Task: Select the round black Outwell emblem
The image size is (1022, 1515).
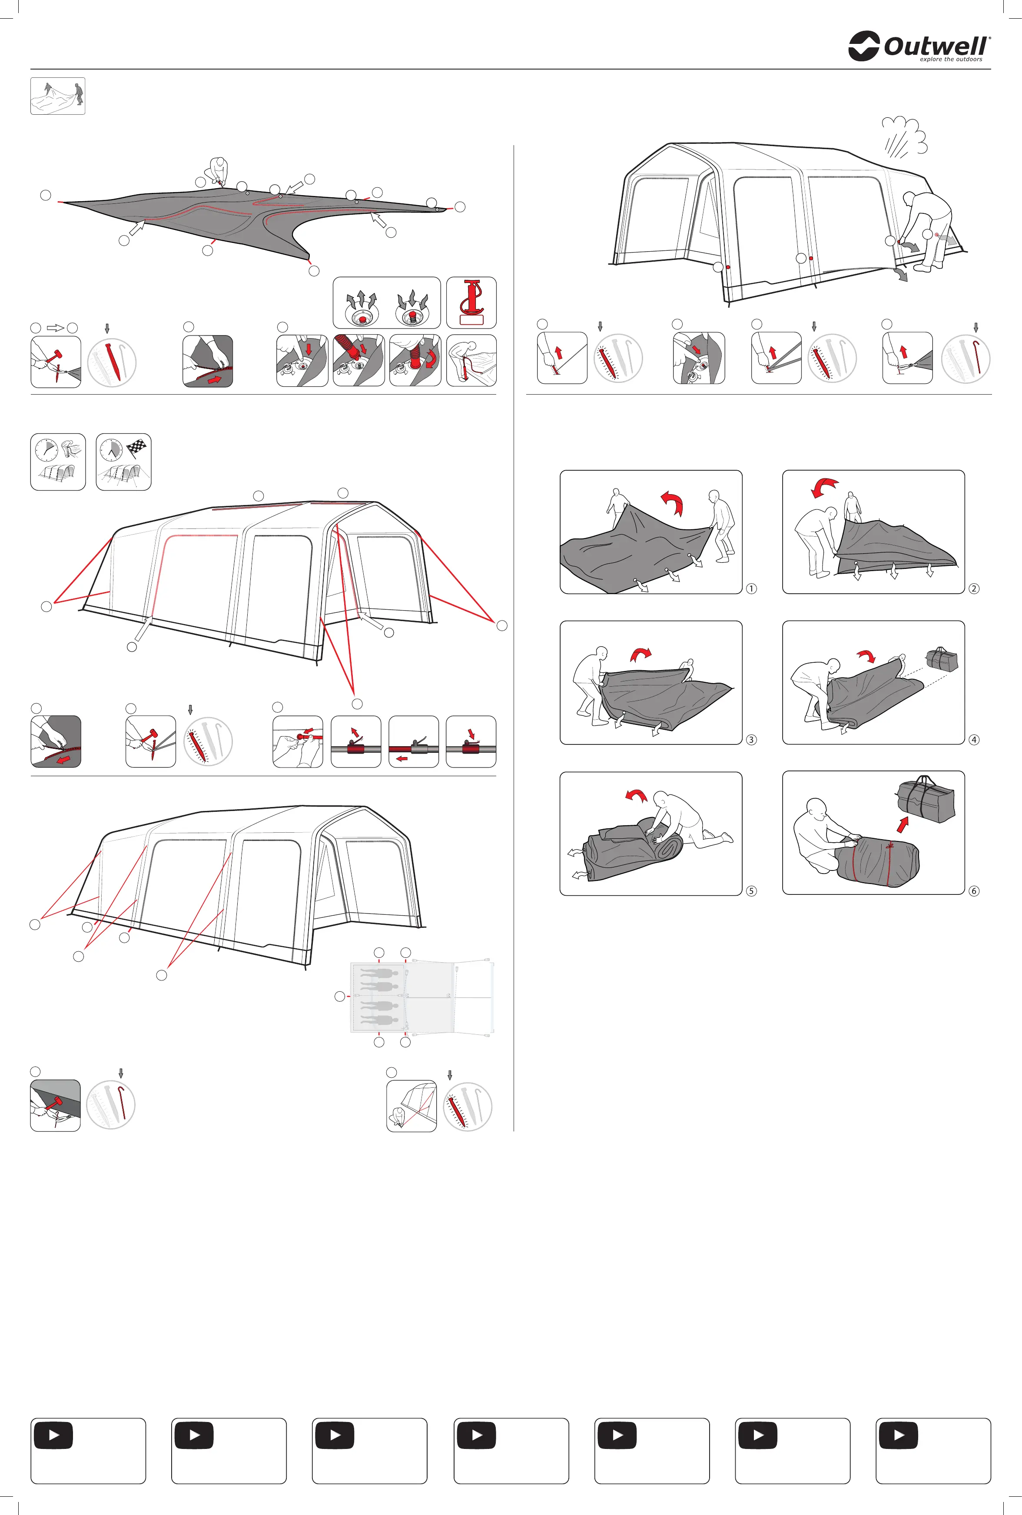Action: [x=864, y=46]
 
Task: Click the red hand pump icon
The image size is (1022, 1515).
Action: [x=471, y=302]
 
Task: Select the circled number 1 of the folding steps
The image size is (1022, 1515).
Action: [x=752, y=588]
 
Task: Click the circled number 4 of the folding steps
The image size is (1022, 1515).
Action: [x=974, y=740]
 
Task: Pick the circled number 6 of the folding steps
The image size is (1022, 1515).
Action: [x=974, y=891]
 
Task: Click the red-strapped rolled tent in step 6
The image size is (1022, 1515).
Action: [x=877, y=864]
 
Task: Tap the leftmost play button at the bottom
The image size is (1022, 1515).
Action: [x=53, y=1435]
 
